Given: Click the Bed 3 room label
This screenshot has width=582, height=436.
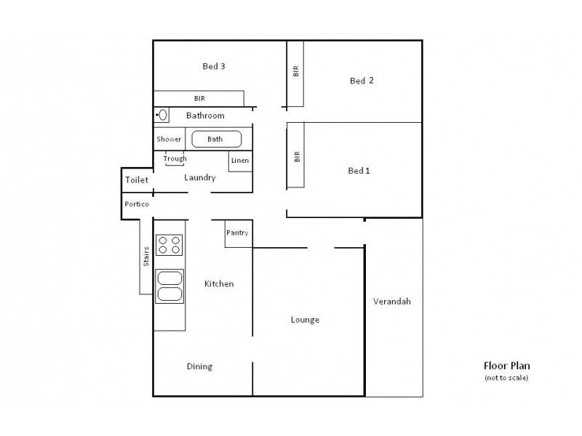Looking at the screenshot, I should click(x=213, y=66).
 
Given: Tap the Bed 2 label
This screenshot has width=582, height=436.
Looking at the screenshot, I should click(x=362, y=81).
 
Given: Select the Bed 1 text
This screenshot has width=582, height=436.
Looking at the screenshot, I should click(x=359, y=171).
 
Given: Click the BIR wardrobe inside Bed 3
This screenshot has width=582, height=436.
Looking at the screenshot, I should click(x=199, y=98).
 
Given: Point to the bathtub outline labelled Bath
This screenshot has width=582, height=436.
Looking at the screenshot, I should click(x=216, y=139).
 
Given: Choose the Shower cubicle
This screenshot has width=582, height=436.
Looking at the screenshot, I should click(x=169, y=139).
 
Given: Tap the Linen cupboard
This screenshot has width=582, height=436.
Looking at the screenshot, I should click(x=240, y=161).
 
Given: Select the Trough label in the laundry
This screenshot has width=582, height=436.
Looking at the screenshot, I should click(x=175, y=159).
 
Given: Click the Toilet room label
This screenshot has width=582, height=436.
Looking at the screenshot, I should click(x=136, y=179).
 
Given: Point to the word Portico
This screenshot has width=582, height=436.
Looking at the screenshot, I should click(x=137, y=204).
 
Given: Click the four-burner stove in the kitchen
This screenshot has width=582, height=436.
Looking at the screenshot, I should click(x=169, y=245).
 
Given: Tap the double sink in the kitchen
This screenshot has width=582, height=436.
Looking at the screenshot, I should click(x=169, y=285).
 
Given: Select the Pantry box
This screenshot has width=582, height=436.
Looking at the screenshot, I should click(x=238, y=233).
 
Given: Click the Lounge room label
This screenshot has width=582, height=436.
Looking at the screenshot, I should click(x=305, y=319).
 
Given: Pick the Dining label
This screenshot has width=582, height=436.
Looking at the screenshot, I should click(x=199, y=366).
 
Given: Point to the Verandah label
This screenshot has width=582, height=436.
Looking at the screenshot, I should click(x=391, y=301).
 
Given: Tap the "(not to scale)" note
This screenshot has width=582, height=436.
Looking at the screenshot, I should click(x=506, y=378).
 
